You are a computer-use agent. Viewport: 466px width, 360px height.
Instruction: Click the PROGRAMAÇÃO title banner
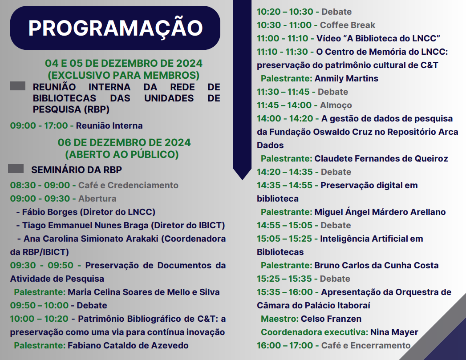tap(115, 28)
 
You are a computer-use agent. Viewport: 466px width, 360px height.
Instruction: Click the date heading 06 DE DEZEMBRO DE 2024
tap(124, 142)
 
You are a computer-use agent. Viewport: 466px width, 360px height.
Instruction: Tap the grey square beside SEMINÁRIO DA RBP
tap(16, 169)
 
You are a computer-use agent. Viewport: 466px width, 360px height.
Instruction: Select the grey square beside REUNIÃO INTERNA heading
tap(18, 86)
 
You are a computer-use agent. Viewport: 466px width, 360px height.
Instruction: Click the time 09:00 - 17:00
tap(39, 126)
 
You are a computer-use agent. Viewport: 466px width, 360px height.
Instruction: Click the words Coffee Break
tap(348, 25)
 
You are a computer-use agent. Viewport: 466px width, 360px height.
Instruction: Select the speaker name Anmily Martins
tap(346, 79)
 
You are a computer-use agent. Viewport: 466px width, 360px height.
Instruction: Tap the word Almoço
tap(336, 105)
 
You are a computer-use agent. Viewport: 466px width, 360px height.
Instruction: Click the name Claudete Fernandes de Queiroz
tap(381, 159)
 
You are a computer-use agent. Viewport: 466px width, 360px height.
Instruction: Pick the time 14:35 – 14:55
tap(284, 186)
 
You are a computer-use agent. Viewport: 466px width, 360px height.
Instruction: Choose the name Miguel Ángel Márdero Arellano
tap(380, 212)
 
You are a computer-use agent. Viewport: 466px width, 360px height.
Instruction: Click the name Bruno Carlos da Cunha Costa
tap(376, 266)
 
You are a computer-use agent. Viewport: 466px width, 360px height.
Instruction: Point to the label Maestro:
tap(280, 319)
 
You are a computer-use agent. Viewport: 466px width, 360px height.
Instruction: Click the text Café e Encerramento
tap(365, 346)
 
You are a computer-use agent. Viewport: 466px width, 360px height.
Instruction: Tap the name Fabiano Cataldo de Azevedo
tap(128, 346)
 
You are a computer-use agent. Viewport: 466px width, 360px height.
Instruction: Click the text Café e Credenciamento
tap(128, 186)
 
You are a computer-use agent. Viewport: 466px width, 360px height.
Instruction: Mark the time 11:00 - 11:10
tap(284, 39)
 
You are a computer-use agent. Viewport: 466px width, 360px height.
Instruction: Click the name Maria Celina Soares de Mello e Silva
tap(143, 292)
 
